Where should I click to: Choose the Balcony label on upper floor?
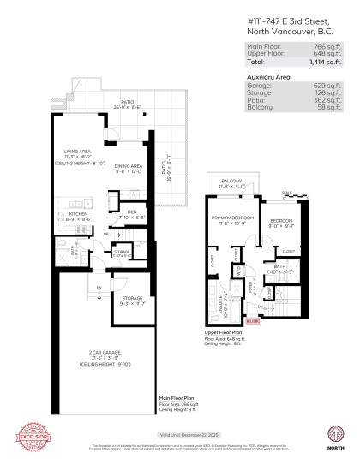(231, 182)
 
